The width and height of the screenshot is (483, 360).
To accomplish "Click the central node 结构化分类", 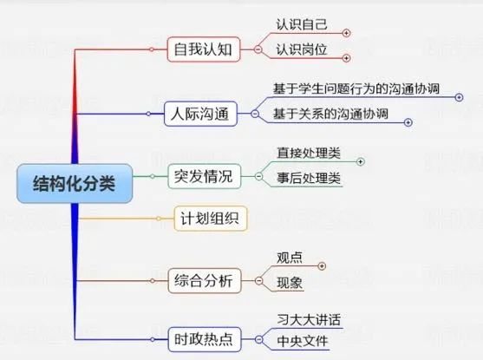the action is (x=75, y=183).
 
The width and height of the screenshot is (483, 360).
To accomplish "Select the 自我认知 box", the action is (x=203, y=49).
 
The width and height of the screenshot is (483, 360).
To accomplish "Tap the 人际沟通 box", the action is (x=200, y=114).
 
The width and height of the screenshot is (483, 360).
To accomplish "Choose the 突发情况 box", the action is (x=205, y=176).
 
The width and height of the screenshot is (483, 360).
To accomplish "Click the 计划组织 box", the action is (x=211, y=219).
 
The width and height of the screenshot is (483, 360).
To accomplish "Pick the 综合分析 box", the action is (x=205, y=281).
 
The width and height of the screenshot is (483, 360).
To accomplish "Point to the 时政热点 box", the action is (x=205, y=339).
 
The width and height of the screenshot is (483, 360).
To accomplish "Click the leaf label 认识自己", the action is (x=302, y=24).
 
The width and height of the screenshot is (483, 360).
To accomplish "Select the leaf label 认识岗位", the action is (x=302, y=49).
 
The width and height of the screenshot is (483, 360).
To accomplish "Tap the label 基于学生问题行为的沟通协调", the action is (x=356, y=88).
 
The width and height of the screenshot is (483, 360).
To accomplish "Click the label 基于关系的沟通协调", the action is (x=330, y=114).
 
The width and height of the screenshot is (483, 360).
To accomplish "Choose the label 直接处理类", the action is (x=309, y=154).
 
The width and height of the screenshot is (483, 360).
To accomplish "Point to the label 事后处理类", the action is (x=309, y=178).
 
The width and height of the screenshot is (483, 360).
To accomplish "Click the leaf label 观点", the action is (x=290, y=258).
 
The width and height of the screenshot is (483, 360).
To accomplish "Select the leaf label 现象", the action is (x=290, y=283).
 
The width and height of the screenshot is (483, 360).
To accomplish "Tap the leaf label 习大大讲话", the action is (x=309, y=319).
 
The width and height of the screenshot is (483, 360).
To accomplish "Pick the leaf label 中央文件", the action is (x=302, y=341).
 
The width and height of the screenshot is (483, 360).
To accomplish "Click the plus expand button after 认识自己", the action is (x=346, y=33).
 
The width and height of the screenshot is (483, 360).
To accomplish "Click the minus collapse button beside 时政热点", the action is (x=259, y=339).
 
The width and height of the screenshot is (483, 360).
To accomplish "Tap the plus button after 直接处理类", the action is (x=360, y=161).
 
